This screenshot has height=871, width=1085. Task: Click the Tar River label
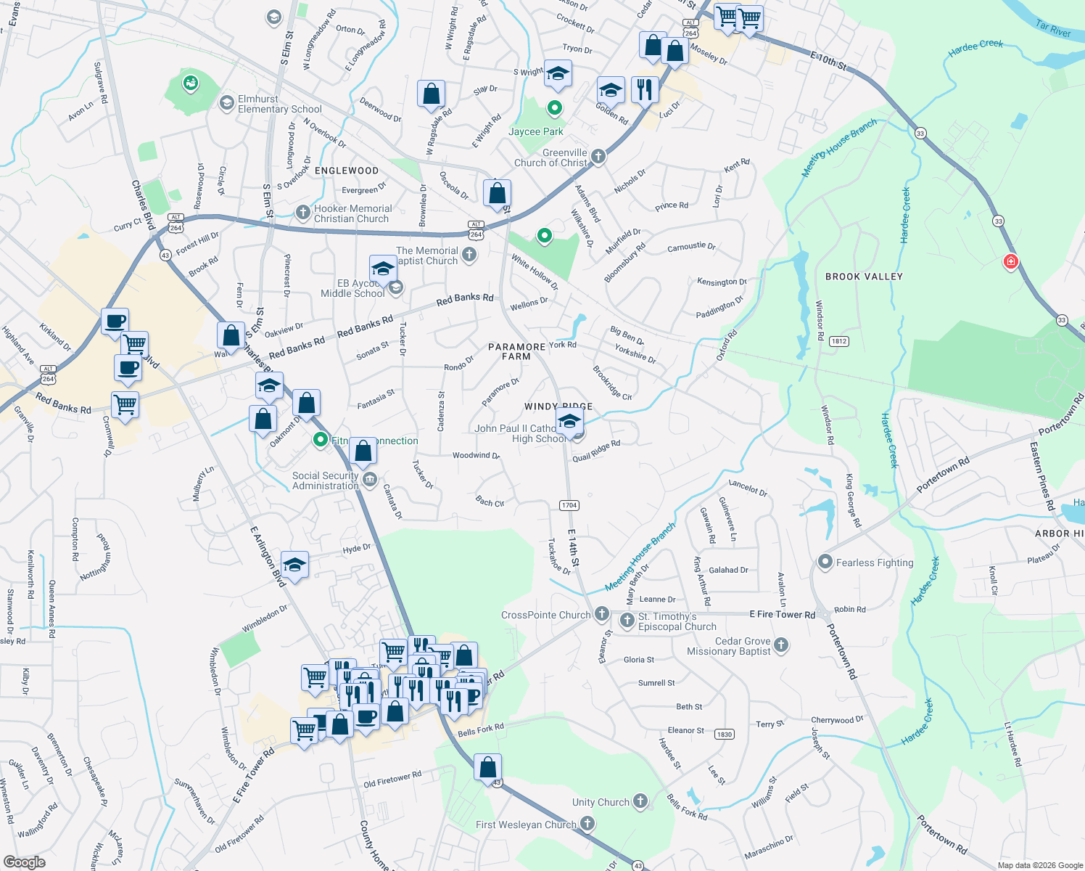(1053, 29)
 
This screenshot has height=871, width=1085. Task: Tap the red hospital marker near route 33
(1010, 261)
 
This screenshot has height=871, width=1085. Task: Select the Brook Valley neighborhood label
(864, 277)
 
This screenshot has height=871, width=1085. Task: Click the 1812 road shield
(839, 341)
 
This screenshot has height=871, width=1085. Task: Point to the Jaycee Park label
(535, 131)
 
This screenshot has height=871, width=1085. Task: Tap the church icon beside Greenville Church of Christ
(598, 156)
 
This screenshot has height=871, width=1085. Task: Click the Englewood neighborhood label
(347, 171)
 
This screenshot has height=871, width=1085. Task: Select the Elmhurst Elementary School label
(279, 104)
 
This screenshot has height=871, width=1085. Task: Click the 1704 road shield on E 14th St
(569, 505)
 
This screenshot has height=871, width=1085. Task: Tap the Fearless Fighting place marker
(825, 563)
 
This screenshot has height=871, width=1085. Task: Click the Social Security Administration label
(325, 481)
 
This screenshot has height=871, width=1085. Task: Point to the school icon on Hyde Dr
(294, 564)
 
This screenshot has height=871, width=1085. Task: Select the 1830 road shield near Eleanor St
(724, 735)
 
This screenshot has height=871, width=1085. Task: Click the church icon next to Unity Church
(640, 801)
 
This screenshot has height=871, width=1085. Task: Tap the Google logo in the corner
(24, 862)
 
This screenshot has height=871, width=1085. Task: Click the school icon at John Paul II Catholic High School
(570, 421)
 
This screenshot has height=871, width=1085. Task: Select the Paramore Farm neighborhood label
(516, 351)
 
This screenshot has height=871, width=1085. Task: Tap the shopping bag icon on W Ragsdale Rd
(431, 94)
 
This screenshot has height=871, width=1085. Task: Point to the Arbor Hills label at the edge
(1059, 533)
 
